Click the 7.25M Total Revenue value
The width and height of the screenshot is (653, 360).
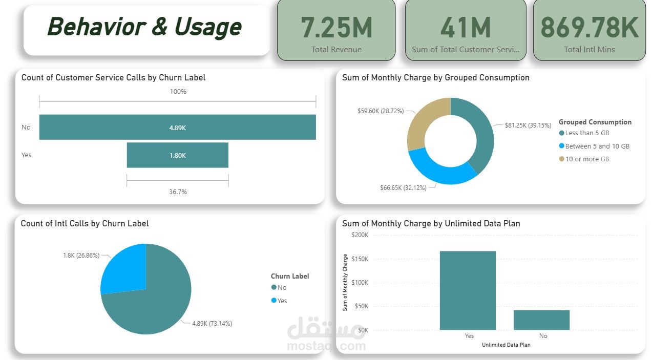(336, 28)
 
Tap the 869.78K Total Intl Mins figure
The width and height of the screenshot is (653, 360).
(589, 28)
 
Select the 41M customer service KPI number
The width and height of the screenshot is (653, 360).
(466, 28)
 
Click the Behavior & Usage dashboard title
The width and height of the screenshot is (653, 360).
(144, 27)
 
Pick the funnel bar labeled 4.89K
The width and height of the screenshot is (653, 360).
(177, 128)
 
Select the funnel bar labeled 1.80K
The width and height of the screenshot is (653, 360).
(177, 155)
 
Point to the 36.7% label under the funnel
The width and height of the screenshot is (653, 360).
(178, 192)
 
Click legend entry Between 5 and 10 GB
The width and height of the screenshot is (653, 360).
(597, 146)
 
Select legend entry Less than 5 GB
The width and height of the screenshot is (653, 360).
(587, 133)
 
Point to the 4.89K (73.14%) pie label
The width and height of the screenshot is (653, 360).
(212, 324)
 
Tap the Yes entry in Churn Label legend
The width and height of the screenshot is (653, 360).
(282, 301)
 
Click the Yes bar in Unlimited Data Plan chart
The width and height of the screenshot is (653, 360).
(468, 290)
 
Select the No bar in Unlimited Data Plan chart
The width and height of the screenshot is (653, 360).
(541, 320)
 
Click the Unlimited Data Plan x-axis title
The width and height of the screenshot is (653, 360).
(506, 345)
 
